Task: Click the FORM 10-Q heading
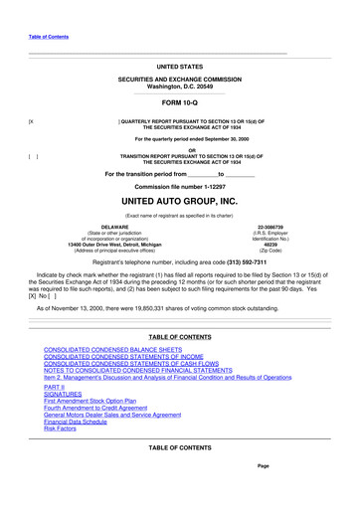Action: click(179, 103)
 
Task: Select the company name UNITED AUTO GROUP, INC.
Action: click(179, 201)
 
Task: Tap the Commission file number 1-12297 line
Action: click(179, 186)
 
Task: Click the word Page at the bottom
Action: click(263, 466)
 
